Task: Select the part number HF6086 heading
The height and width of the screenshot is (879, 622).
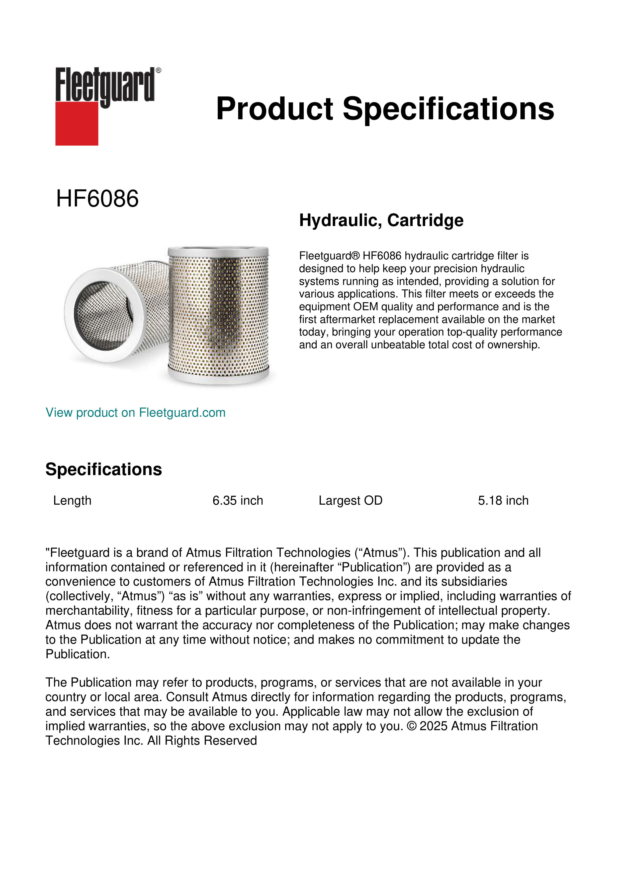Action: (97, 199)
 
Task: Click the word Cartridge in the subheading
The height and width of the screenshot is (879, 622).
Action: (425, 220)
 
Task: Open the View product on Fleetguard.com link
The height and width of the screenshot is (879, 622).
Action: (136, 412)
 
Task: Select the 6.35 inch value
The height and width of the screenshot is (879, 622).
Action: (238, 500)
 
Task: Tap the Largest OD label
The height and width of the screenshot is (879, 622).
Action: (350, 500)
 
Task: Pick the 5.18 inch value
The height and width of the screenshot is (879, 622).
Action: (503, 500)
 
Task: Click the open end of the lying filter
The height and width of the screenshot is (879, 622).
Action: (103, 315)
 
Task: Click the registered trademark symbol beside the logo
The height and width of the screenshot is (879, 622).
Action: (158, 70)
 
